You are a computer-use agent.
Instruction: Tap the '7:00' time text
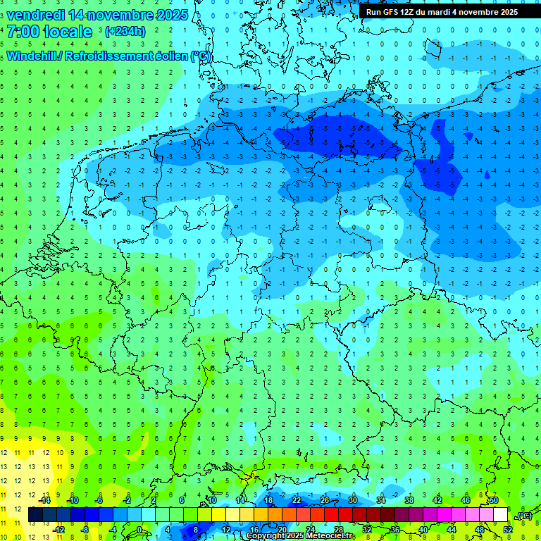tap(23, 32)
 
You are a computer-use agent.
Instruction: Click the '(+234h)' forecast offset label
tap(125, 32)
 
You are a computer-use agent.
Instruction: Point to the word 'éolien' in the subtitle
tap(168, 56)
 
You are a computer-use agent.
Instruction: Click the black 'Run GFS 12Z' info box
tap(442, 12)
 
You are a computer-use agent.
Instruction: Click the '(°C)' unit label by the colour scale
tap(523, 516)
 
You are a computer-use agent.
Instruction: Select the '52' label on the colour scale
tap(508, 530)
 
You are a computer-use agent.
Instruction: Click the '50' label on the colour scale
tap(494, 499)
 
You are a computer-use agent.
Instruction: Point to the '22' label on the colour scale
tap(297, 499)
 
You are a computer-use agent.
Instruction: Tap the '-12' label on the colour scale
tap(59, 530)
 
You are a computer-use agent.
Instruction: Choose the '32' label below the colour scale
tap(367, 530)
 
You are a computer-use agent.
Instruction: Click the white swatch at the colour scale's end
tap(500, 515)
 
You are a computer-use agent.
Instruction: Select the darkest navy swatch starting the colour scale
tap(35, 515)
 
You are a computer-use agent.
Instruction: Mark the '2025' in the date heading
tap(171, 14)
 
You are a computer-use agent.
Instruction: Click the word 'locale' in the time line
tap(67, 32)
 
